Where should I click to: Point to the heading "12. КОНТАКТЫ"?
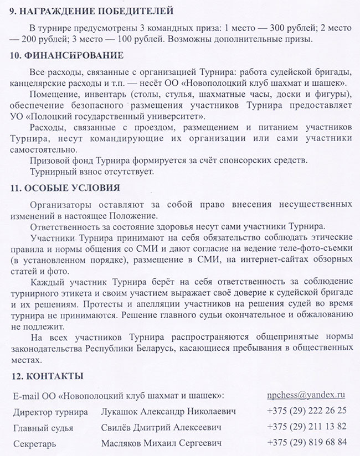(47, 376)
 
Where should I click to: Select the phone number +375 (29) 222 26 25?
(306, 411)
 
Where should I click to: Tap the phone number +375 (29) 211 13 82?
(306, 427)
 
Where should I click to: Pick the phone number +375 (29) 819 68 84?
(306, 442)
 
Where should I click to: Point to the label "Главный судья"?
(42, 428)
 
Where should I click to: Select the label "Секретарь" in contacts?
(35, 443)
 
